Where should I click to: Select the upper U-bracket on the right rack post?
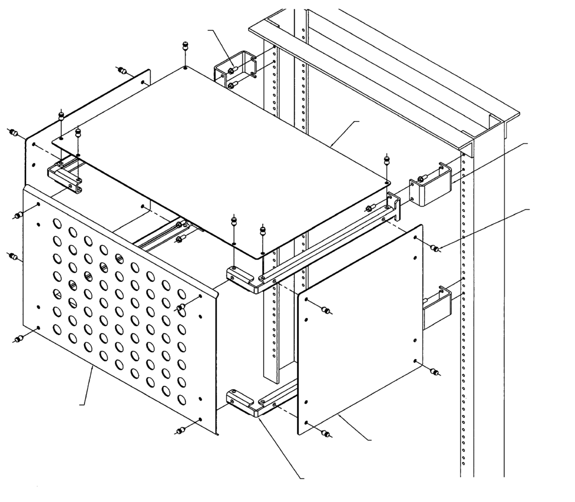pyautogui.click(x=432, y=187)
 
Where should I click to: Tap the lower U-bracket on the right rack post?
pyautogui.click(x=437, y=309)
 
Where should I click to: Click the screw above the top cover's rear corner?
pyautogui.click(x=185, y=47)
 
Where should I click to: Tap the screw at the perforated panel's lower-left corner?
pyautogui.click(x=19, y=339)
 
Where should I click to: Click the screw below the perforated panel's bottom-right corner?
pyautogui.click(x=181, y=430)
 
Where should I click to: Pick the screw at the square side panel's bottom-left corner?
pyautogui.click(x=326, y=433)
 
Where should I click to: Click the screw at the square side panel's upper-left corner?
pyautogui.click(x=326, y=311)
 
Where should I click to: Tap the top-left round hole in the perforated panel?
pyautogui.click(x=57, y=223)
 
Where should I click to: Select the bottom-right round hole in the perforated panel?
pyautogui.click(x=182, y=399)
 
